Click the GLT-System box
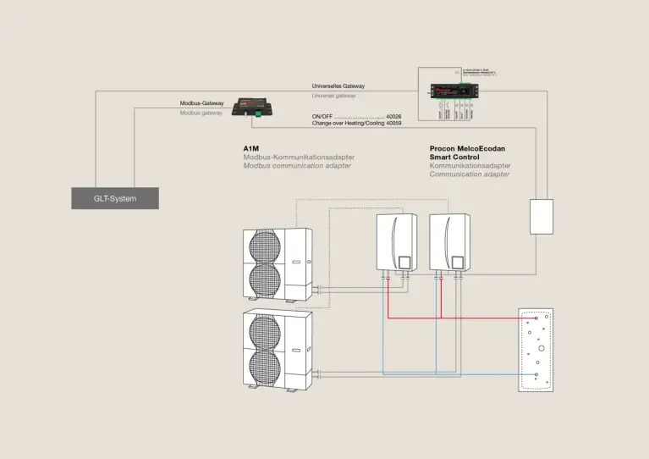tap(114, 198)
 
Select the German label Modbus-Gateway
tap(201, 103)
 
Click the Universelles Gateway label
tap(338, 86)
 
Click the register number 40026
tap(393, 116)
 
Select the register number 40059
tap(393, 124)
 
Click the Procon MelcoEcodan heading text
tap(474, 148)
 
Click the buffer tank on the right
tap(535, 349)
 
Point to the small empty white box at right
tap(541, 216)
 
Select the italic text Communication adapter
tap(470, 174)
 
